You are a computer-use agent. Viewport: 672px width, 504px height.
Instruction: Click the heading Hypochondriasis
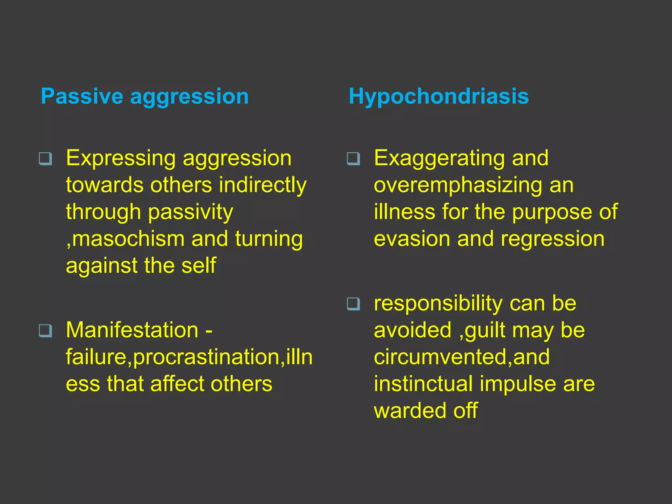(439, 96)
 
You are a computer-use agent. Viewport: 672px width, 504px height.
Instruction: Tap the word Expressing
(121, 159)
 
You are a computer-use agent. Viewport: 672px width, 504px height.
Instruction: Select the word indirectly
(262, 185)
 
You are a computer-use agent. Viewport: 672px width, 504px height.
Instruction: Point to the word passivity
(190, 213)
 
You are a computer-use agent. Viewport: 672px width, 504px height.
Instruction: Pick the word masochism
(128, 239)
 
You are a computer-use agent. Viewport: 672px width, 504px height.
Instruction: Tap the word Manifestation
(132, 330)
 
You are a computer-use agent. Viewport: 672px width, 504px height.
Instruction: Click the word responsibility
(438, 304)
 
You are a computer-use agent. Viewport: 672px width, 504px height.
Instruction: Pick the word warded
(410, 410)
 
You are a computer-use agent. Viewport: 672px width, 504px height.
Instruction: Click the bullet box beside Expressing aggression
(45, 159)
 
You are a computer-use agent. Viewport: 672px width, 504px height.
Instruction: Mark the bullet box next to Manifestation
(45, 330)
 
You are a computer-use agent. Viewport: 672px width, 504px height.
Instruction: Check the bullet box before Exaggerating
(353, 159)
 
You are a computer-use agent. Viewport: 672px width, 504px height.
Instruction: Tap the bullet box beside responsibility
(353, 304)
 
